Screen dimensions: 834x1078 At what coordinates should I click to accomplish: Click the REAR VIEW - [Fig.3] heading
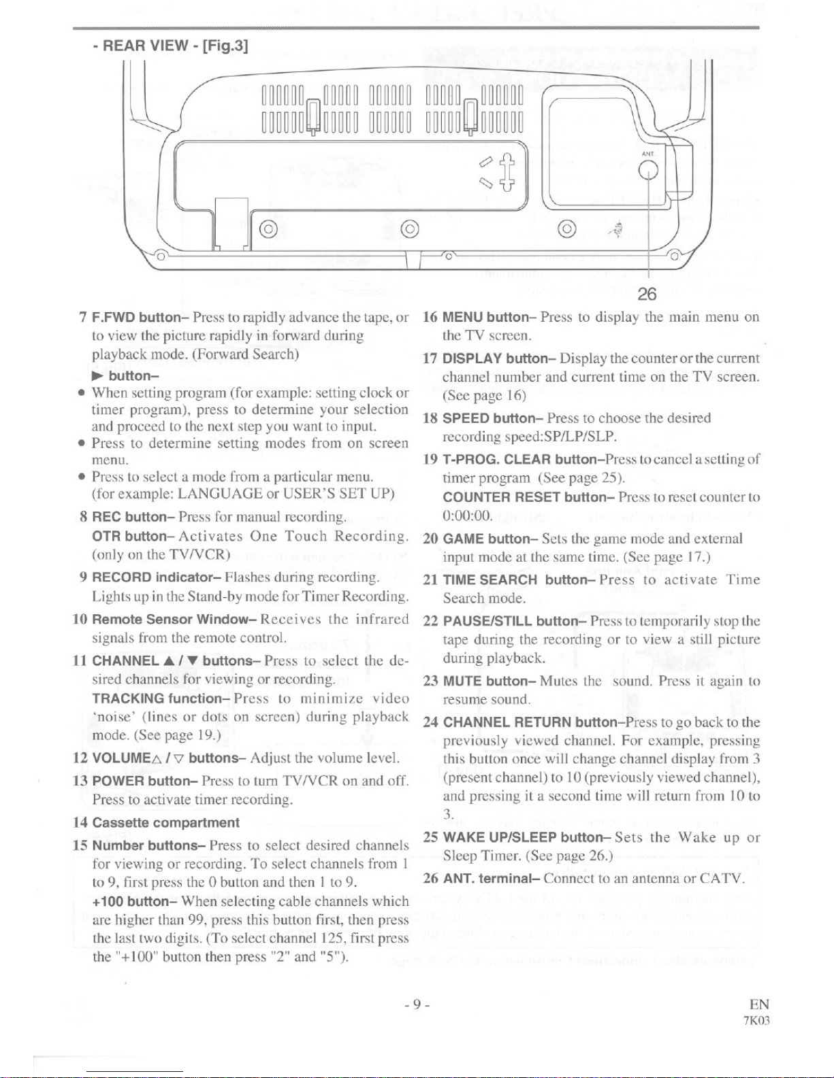point(170,46)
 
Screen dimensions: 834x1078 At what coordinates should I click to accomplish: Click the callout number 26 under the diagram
point(647,294)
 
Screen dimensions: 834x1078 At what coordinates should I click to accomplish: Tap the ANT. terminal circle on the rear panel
point(648,170)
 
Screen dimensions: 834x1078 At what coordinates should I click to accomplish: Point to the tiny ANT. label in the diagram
point(648,154)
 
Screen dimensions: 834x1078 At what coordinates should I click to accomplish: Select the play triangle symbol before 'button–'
point(98,376)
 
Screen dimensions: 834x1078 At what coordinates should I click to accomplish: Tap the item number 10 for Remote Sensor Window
point(80,619)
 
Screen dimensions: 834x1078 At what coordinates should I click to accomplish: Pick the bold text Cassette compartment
point(166,823)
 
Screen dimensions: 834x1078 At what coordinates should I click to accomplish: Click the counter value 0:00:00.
point(466,516)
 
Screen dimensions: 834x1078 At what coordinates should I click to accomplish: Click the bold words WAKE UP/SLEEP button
point(523,838)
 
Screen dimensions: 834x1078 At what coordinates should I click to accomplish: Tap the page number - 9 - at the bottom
point(417,1005)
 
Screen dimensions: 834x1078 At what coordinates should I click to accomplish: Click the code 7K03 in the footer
point(756,1021)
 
